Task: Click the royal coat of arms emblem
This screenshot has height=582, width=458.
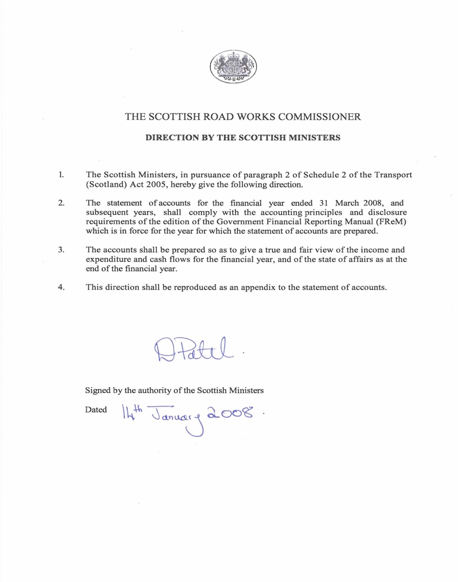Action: point(233,66)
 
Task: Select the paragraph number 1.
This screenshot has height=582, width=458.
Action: point(61,175)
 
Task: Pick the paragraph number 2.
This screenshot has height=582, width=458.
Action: point(61,203)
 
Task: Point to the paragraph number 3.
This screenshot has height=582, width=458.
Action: point(61,250)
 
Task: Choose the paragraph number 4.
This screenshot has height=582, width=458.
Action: point(61,287)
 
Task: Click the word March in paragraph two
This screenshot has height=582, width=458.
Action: point(347,203)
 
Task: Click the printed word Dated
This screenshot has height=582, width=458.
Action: point(96,410)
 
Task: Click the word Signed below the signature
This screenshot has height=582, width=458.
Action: point(98,390)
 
